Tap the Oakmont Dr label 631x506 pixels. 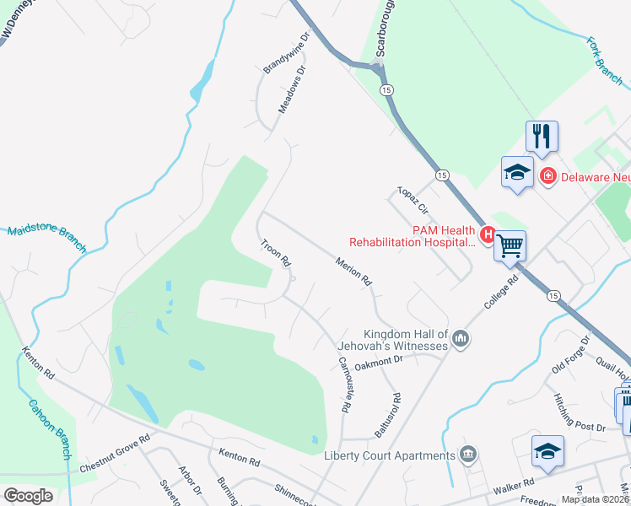[x=380, y=362]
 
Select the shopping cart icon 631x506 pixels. [x=510, y=245]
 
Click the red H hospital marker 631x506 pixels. [x=487, y=234]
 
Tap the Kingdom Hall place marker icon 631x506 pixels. [x=461, y=339]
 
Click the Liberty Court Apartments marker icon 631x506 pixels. [x=470, y=455]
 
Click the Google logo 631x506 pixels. [x=27, y=496]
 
